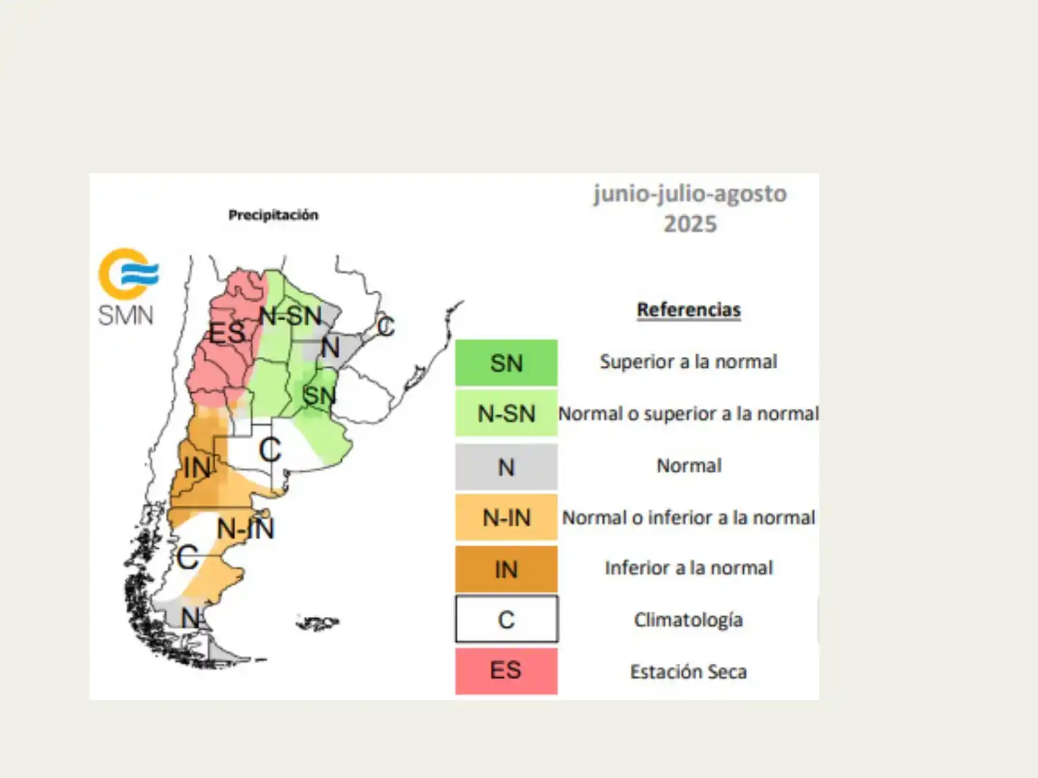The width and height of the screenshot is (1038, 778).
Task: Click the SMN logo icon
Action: pos(129,275)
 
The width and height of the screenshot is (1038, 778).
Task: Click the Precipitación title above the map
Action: pos(273,215)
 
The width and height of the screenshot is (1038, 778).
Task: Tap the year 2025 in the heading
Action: pos(690,224)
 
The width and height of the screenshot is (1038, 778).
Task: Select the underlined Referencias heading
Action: pos(689,310)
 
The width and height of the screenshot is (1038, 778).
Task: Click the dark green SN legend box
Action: pos(506,363)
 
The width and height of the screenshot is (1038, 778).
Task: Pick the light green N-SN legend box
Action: pos(506,414)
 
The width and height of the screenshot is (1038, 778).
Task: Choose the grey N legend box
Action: pos(506,467)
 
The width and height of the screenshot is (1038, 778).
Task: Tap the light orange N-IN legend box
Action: pos(506,517)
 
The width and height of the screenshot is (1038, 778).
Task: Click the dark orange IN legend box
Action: pos(506,569)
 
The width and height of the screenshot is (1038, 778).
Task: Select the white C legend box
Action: pos(506,620)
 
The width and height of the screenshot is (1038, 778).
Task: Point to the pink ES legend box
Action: pos(506,671)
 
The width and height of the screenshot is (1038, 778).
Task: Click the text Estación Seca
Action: pos(688,672)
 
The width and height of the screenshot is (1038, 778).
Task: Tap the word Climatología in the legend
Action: pos(688,620)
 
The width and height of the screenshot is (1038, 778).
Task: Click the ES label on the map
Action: pos(227,333)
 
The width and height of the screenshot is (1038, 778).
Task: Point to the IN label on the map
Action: pos(197,468)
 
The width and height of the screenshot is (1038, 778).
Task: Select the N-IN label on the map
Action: pos(246,529)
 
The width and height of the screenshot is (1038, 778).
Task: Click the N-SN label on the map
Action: pos(291,317)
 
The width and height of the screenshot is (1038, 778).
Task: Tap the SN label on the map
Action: pos(319,396)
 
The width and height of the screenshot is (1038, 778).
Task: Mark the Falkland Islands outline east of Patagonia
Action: pos(318,624)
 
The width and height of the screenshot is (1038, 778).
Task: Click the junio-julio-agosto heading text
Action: pos(690,194)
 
